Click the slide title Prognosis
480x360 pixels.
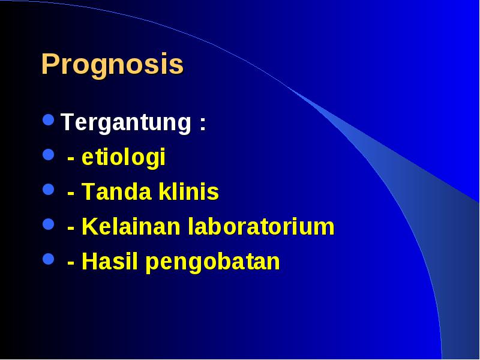pyautogui.click(x=112, y=65)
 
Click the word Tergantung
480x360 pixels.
pyautogui.click(x=126, y=123)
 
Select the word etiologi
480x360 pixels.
pyautogui.click(x=124, y=157)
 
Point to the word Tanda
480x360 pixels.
pyautogui.click(x=116, y=192)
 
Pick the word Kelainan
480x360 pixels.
pyautogui.click(x=131, y=227)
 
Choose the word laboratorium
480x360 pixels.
pyautogui.click(x=261, y=227)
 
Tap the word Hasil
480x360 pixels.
pyautogui.click(x=110, y=261)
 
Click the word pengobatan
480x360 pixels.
pyautogui.click(x=213, y=262)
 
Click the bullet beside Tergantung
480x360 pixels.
pyautogui.click(x=49, y=119)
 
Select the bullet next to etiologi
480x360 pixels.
pyautogui.click(x=49, y=155)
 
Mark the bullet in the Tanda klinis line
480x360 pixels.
pyautogui.click(x=49, y=189)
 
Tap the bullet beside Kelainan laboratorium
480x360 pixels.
pyautogui.click(x=49, y=224)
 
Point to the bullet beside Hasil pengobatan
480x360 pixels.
pyautogui.click(x=49, y=259)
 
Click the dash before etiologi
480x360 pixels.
pyautogui.click(x=71, y=159)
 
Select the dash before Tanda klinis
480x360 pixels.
pyautogui.click(x=71, y=194)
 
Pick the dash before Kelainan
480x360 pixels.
pyautogui.click(x=71, y=229)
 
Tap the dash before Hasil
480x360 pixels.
pyautogui.click(x=71, y=264)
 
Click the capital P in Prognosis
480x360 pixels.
pyautogui.click(x=50, y=64)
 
